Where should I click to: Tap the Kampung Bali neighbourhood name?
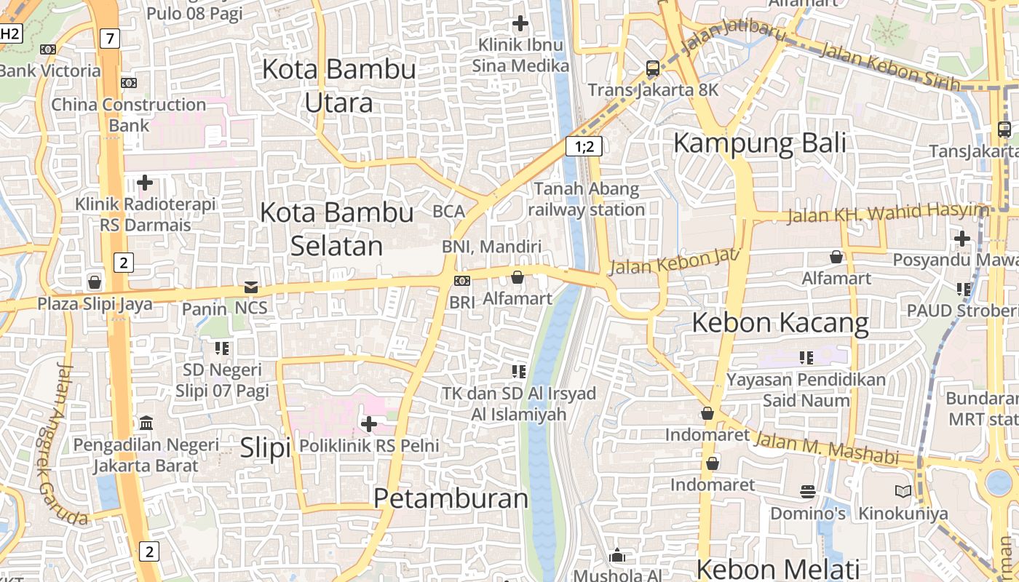point(759,143)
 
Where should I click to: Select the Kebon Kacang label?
point(780,322)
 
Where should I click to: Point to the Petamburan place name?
point(451,498)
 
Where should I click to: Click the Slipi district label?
point(266,447)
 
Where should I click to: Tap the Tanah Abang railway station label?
point(586,199)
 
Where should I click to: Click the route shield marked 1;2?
point(584,147)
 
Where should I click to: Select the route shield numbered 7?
point(108,39)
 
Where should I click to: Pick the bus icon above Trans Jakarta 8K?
point(653,68)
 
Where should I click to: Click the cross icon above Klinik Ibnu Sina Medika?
point(520,23)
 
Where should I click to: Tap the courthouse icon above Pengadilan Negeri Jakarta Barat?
point(146,423)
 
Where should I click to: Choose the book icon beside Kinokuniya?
point(903,492)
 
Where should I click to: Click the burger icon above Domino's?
point(808,492)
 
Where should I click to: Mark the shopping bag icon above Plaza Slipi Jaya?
point(94,282)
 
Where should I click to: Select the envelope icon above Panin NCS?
point(251,287)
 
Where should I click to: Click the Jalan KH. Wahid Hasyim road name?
point(888,213)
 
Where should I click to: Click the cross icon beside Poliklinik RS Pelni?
point(369,423)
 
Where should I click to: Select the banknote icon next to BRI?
point(461,281)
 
